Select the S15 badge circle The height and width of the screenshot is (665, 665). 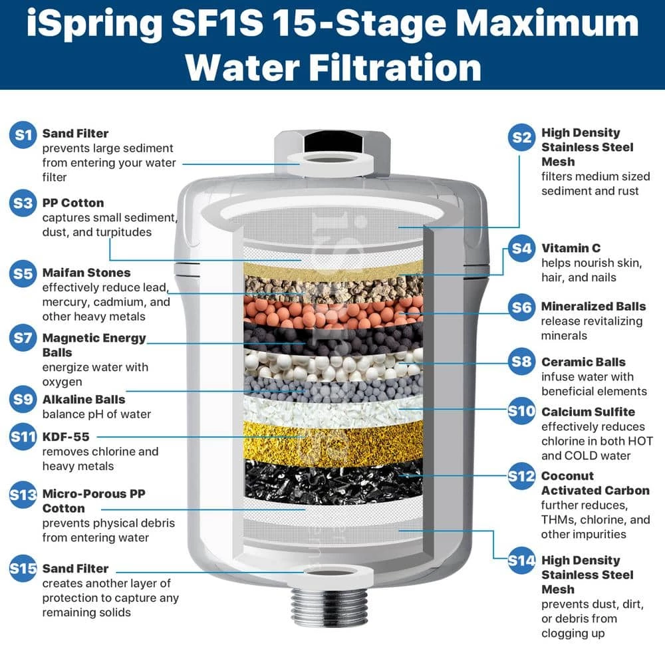[23, 570]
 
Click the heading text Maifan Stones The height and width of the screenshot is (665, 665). [86, 273]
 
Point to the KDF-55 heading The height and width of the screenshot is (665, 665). [65, 437]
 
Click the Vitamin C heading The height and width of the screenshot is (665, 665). [571, 248]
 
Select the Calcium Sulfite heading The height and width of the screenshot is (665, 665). [588, 412]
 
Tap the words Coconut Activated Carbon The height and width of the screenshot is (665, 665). [595, 483]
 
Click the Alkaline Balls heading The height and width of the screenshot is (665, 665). [84, 400]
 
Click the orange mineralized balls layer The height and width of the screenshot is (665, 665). [332, 311]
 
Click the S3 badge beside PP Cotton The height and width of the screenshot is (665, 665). [23, 204]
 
